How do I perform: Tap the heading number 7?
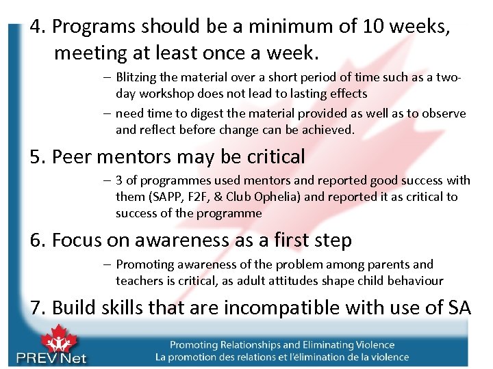tap(36, 308)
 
